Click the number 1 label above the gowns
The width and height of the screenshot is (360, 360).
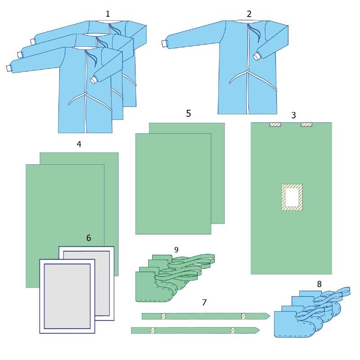(x=108, y=14)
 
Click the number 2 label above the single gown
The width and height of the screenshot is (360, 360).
(x=249, y=14)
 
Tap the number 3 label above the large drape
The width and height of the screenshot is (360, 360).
(x=293, y=115)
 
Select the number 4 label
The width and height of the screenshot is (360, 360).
(x=79, y=144)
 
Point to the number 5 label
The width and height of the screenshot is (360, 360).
(x=189, y=113)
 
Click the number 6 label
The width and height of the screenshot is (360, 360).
(x=89, y=238)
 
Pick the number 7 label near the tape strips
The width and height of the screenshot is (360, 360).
(x=204, y=302)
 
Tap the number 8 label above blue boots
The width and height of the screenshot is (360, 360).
(x=319, y=284)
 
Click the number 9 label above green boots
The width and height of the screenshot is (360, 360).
(x=176, y=250)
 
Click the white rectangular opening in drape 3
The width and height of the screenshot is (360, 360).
(x=292, y=197)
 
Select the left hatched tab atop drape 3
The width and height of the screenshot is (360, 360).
(x=275, y=125)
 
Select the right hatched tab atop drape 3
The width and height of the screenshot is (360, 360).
(x=306, y=125)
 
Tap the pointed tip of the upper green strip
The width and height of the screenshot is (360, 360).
(x=270, y=316)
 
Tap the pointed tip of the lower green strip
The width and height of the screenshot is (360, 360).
(x=260, y=330)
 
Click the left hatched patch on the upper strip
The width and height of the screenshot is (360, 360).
(x=163, y=316)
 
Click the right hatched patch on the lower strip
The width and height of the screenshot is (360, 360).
(x=233, y=331)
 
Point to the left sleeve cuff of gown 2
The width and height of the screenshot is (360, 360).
(x=164, y=44)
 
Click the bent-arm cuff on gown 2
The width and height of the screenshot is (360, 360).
(x=256, y=57)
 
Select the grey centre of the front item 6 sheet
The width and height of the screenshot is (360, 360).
(x=67, y=296)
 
